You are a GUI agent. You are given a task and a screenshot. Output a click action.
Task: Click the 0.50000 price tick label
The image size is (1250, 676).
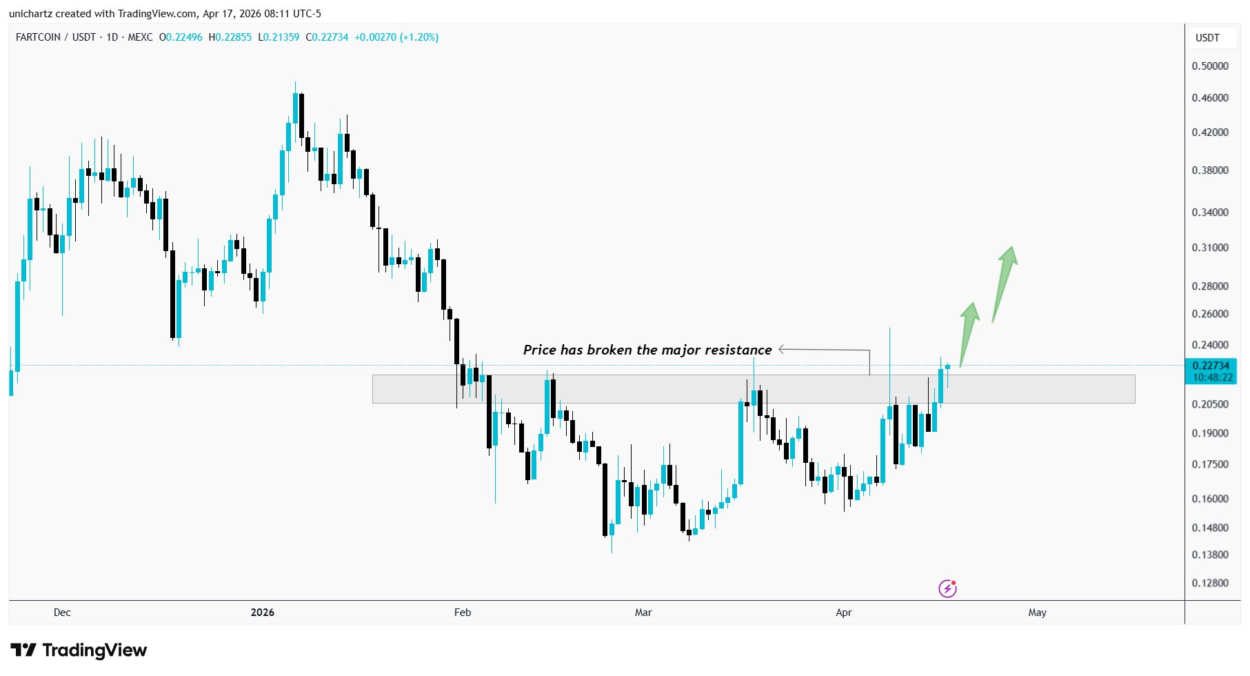pos(1210,66)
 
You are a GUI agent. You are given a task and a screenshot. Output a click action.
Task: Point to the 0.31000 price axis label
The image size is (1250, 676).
pos(1210,248)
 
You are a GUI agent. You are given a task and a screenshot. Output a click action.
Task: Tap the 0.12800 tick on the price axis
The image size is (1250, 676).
pos(1210,583)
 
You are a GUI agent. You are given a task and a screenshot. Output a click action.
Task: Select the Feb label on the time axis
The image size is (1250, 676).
pos(463,613)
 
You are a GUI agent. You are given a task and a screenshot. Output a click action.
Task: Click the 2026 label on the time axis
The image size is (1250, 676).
pos(263,613)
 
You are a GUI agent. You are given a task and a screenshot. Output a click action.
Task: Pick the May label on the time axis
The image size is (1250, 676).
pos(1037,613)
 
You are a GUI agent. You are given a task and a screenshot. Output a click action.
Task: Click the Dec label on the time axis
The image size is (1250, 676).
pos(62,613)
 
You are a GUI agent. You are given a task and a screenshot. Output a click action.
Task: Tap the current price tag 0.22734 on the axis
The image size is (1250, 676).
pos(1211,366)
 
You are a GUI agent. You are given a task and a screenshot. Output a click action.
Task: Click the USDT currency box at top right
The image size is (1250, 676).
pos(1207,38)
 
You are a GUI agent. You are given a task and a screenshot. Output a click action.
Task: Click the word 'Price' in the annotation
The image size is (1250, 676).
pos(539,350)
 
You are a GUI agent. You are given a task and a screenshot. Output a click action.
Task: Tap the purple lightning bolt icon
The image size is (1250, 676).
pos(947,588)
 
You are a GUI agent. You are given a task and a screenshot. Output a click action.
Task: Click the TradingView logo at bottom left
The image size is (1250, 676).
pos(79,650)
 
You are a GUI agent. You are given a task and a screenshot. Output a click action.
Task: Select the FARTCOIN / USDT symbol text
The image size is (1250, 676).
pos(56,37)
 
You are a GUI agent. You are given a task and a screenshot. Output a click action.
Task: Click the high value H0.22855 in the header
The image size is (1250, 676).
pos(230,37)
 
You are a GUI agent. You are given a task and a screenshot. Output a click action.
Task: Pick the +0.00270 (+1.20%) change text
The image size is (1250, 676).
pos(396,37)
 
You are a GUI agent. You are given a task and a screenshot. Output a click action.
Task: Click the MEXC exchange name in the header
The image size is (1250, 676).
pos(140,37)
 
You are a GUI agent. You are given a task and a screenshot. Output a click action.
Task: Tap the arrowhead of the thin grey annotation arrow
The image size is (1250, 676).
pos(782,350)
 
